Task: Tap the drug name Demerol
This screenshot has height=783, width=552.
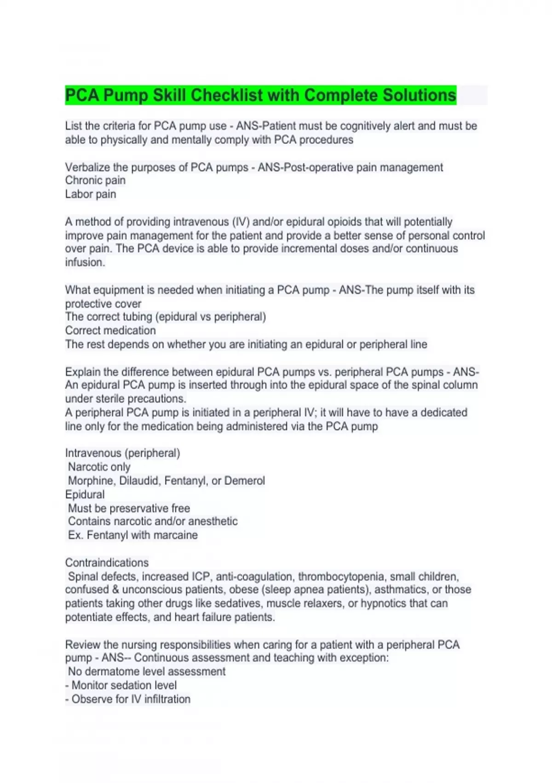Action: pos(244,481)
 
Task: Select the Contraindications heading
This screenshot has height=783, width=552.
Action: pos(107,563)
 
